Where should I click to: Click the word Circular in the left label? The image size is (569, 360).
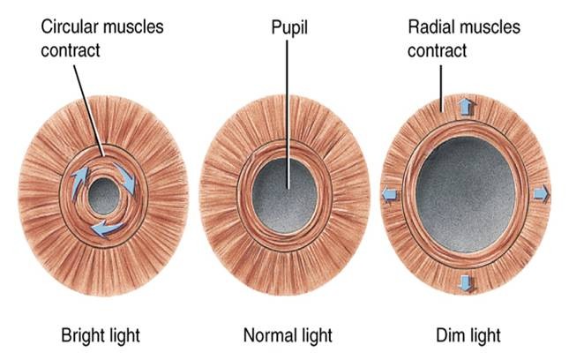(x=67, y=26)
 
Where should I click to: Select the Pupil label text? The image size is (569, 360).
(x=288, y=26)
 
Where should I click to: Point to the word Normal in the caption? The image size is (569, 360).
(x=266, y=335)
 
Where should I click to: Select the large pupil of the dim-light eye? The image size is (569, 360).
(x=464, y=192)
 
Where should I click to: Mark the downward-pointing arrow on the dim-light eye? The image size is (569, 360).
(x=465, y=282)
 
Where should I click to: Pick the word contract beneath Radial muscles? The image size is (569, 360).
(x=437, y=49)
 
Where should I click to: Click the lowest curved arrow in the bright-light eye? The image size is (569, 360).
(x=108, y=229)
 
